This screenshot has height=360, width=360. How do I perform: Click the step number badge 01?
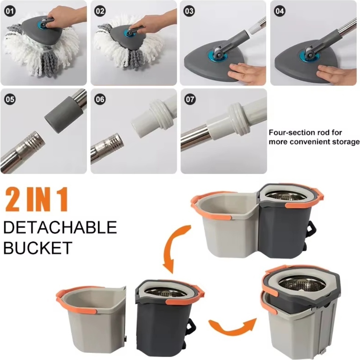point(10,11)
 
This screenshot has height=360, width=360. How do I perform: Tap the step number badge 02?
point(100,11)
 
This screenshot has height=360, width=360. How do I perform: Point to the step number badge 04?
point(279,11)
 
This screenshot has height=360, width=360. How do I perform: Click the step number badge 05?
point(10,99)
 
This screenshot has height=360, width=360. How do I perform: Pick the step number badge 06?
point(100,99)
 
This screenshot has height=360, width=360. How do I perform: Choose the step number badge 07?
point(190,99)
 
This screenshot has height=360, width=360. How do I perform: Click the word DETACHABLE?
point(60,227)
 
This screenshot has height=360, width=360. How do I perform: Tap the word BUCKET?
point(38,248)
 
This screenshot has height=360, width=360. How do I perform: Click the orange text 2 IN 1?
point(37,199)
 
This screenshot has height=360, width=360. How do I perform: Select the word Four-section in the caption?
point(286,132)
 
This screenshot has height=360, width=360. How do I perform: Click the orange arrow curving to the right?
point(232,328)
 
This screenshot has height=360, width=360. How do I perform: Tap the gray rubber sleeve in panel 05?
point(64,115)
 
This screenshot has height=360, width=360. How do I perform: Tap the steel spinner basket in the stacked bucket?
point(301,283)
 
